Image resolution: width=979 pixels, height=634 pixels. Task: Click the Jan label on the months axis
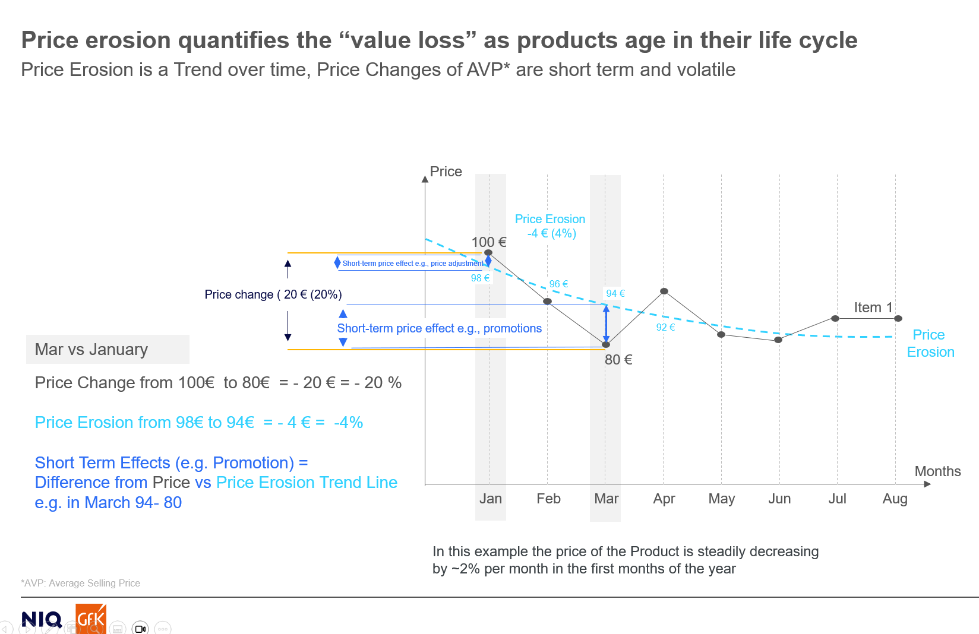[x=490, y=499]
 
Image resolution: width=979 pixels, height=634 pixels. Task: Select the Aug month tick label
[x=895, y=499]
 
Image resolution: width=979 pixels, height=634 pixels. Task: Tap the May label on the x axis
[x=721, y=499]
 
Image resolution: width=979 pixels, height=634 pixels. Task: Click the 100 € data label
[x=489, y=242]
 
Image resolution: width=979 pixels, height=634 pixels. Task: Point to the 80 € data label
[x=618, y=360]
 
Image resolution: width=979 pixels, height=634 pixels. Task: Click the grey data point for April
[x=664, y=291]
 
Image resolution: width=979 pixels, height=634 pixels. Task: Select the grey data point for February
[x=548, y=302]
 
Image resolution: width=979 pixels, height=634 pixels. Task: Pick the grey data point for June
[x=778, y=340]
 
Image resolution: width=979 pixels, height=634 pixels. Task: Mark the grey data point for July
[x=835, y=319]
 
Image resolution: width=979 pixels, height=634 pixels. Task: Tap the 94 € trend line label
[x=615, y=293]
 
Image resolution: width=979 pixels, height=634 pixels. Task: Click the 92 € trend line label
[x=665, y=327]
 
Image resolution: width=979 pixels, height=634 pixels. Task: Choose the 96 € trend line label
[x=558, y=284]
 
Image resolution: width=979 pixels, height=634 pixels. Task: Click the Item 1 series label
[x=873, y=308]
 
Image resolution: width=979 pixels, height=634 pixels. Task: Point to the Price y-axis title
[x=446, y=172]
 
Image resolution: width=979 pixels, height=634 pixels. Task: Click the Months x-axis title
[x=937, y=471]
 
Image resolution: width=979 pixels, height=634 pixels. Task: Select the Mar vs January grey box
[x=108, y=349]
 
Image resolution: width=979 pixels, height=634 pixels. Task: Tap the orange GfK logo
[x=91, y=619]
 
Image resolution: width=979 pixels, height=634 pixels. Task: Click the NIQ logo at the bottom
[x=42, y=620]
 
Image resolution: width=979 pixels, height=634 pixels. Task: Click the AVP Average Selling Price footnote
[x=81, y=584]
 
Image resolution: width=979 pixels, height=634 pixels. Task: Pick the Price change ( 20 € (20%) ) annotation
[x=273, y=294]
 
